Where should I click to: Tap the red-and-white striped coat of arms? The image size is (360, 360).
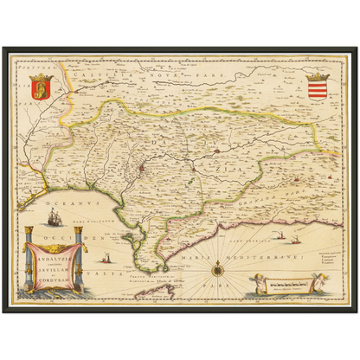318,88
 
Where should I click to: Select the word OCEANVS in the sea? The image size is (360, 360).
42,206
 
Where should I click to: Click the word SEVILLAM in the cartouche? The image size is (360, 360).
55,269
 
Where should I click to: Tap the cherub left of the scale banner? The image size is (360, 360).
253,283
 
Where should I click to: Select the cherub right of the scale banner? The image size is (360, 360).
304,283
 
